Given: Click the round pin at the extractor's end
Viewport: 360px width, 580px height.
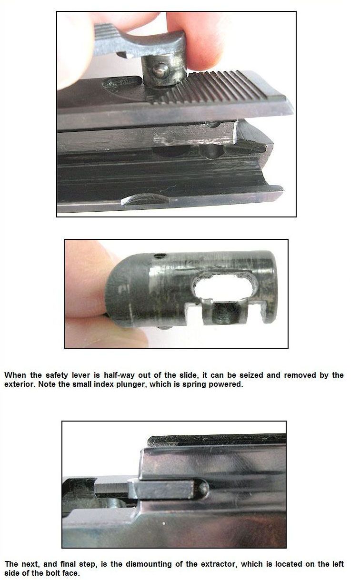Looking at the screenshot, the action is pyautogui.click(x=204, y=488).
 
